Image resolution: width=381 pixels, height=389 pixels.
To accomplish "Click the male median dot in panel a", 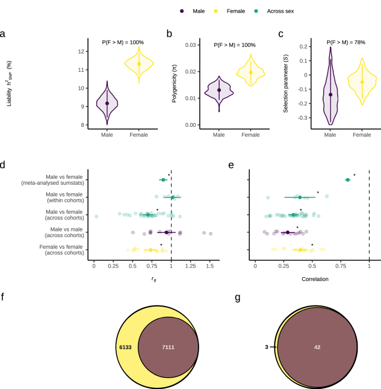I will click(x=107, y=103).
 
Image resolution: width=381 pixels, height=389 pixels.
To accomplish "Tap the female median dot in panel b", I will click(x=251, y=72).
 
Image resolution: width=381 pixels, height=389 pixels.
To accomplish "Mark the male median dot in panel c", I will click(x=330, y=95).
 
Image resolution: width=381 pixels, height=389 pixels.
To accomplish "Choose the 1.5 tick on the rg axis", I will click(x=210, y=268).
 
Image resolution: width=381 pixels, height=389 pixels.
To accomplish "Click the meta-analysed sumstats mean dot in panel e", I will click(x=348, y=180).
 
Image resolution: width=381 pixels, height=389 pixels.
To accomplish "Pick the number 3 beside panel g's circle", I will click(x=266, y=347).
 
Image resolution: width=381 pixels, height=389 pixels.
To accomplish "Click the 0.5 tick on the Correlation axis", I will click(x=313, y=268).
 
